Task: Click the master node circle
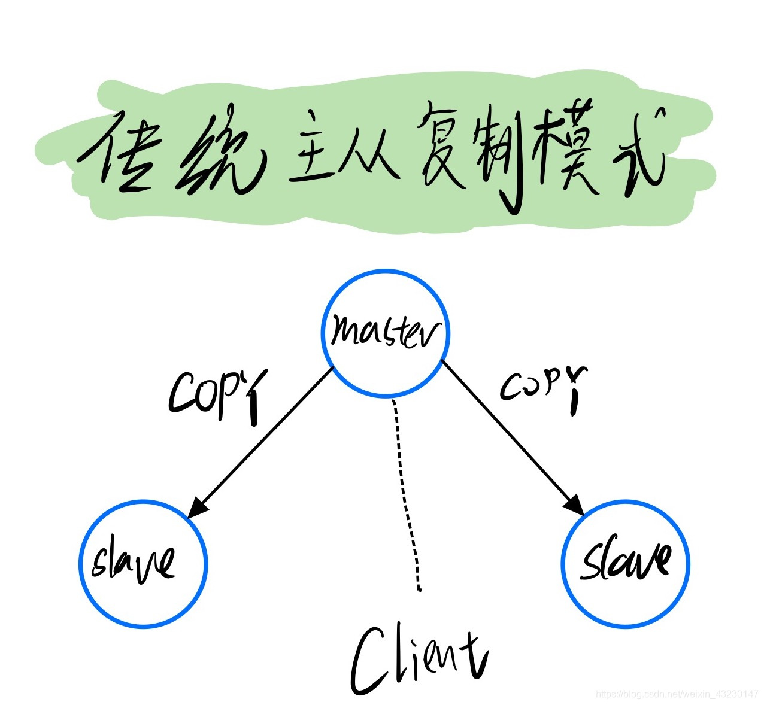point(386,333)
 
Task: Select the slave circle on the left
point(143,563)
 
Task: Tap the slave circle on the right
point(626,563)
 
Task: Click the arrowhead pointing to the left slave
point(197,508)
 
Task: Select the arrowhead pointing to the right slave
point(575,506)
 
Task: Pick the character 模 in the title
point(569,150)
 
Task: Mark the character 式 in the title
point(638,150)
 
